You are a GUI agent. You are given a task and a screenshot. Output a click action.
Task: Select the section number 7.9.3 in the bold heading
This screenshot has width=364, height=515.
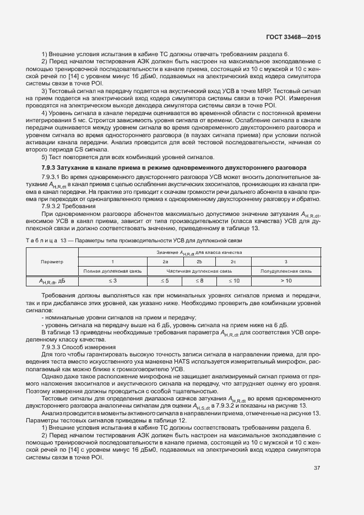(x=50, y=167)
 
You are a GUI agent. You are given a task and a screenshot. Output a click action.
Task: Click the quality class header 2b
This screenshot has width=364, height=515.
(x=199, y=262)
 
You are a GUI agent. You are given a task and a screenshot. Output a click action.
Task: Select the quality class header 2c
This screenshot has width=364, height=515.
(x=233, y=262)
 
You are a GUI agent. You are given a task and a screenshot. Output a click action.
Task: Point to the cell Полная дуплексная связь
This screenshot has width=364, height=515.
(x=112, y=272)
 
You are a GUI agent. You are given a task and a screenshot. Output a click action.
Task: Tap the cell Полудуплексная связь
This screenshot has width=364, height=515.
(x=286, y=272)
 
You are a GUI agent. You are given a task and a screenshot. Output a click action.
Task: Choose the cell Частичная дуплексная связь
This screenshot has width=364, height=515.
(x=199, y=272)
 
